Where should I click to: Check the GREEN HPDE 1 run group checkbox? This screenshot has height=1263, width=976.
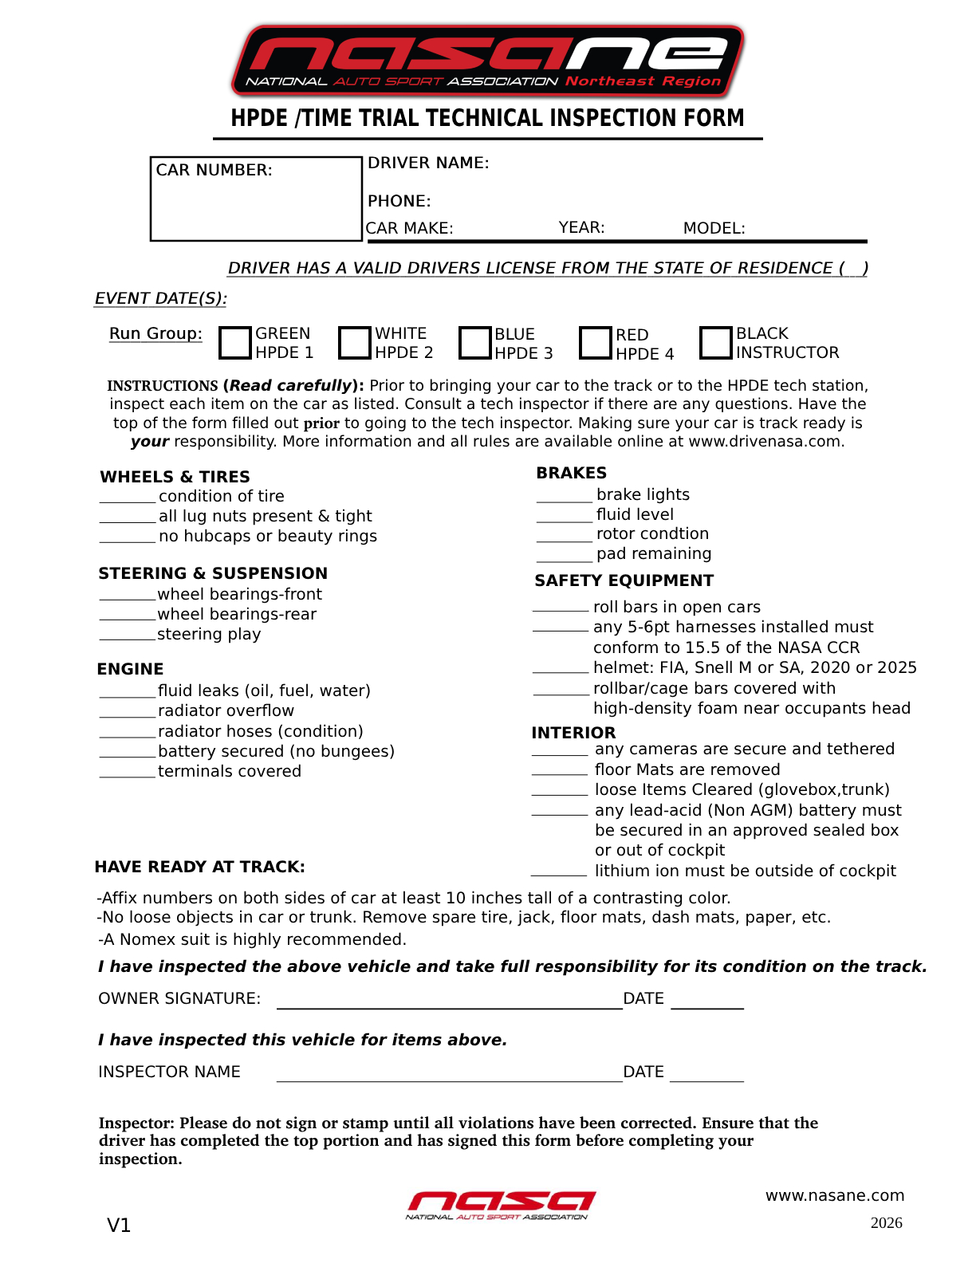pos(235,343)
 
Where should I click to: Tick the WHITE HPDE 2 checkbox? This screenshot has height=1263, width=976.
pos(355,343)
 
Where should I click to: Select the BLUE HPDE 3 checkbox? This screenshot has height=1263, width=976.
pos(474,343)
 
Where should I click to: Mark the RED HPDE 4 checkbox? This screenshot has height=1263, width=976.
pos(595,343)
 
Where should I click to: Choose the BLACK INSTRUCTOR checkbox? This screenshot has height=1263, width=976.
pos(715,343)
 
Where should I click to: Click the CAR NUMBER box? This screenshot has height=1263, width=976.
pos(256,199)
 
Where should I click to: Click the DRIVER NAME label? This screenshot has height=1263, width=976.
pos(428,163)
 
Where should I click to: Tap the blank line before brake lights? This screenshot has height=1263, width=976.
pos(565,499)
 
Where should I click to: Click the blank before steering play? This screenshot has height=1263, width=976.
pos(128,637)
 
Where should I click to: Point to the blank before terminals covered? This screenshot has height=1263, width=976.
pos(128,774)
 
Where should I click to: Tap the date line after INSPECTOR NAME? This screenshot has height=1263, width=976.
pos(706,1077)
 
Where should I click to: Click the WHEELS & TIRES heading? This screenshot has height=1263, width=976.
pos(175,477)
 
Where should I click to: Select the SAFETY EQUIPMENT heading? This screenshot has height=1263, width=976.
pos(624,580)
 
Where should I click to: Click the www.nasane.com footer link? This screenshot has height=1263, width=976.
pos(835,1195)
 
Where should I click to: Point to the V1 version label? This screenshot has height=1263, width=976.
pos(119,1226)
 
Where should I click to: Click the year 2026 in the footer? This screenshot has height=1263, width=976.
pos(886,1223)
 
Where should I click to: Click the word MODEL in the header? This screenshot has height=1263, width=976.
pos(714,228)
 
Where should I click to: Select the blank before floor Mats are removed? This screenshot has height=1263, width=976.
pos(560,771)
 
